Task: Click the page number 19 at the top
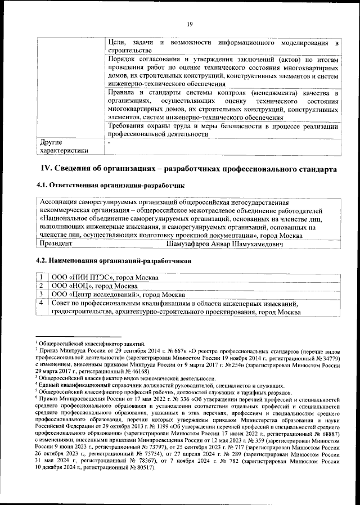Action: point(190,23)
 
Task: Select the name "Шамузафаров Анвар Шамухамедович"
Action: point(224,244)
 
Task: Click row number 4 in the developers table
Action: point(42,304)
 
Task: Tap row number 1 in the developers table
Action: point(42,278)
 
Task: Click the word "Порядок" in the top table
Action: point(121,60)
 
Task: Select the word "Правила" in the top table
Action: point(121,92)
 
